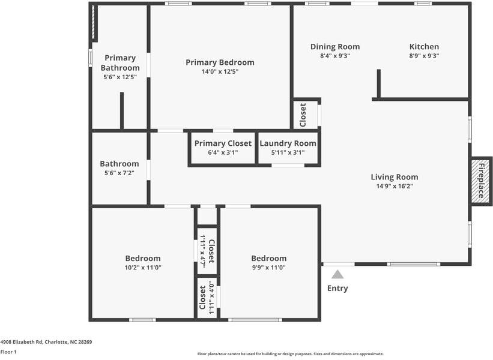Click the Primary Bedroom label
[220, 62]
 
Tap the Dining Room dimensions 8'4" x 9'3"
[335, 56]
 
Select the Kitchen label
[424, 47]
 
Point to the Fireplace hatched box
[480, 181]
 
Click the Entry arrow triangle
[337, 274]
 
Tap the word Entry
[337, 288]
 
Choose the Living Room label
[394, 177]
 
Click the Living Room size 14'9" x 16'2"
[394, 186]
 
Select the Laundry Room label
[288, 143]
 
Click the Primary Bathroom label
[120, 62]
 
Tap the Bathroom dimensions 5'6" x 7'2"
[119, 173]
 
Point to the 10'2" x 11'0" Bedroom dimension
[143, 268]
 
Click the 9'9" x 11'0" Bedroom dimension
[268, 268]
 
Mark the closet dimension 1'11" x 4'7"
[203, 251]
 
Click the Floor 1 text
[8, 352]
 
